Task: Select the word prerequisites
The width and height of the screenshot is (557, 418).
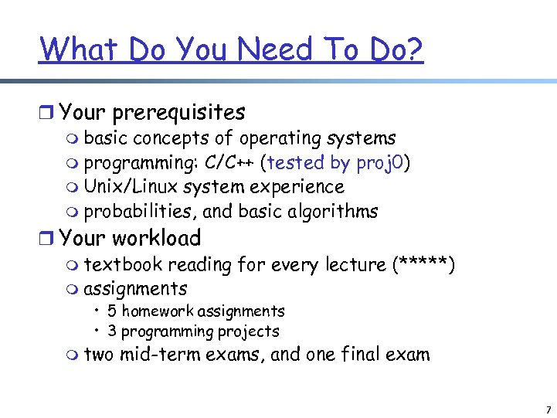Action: [178, 113]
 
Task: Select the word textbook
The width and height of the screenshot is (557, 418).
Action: [123, 265]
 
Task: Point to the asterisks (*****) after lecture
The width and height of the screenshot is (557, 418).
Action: [423, 265]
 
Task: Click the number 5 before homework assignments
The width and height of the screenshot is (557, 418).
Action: [113, 311]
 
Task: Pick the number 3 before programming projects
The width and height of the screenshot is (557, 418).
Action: [113, 331]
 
